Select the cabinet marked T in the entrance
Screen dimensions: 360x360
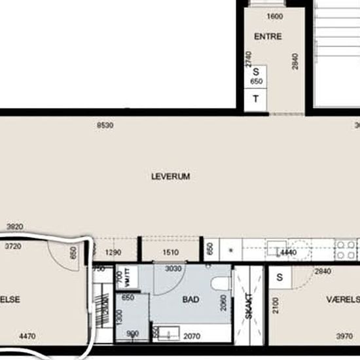point(256,99)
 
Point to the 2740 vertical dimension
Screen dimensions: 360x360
point(249,60)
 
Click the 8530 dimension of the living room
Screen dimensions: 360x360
point(105,124)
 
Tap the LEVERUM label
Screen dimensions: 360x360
point(170,176)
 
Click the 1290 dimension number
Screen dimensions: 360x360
point(115,252)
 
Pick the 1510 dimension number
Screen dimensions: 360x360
point(170,252)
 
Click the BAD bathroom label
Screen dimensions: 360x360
point(190,300)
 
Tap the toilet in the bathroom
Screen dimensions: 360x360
point(222,283)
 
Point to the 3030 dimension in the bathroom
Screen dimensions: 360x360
point(173,269)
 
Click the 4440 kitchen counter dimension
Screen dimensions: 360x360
point(288,252)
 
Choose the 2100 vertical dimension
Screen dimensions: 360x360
point(276,305)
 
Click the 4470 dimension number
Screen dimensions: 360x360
point(27,337)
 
